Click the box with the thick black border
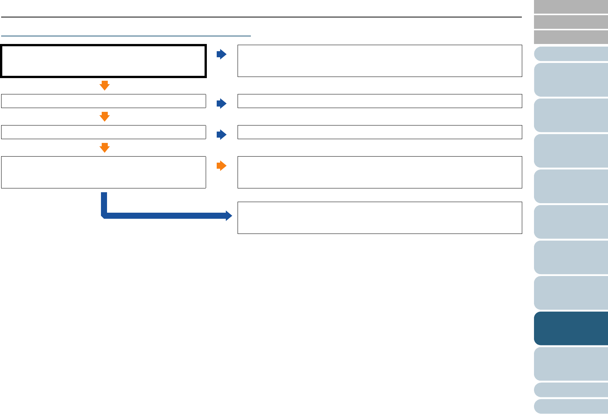[104, 61]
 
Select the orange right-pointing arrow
[221, 166]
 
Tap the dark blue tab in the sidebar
[571, 328]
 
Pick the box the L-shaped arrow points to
[380, 218]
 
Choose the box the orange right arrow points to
[380, 172]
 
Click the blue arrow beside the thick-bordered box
[221, 54]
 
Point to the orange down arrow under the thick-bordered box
[104, 85]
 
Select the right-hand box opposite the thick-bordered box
[380, 61]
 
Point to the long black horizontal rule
[261, 17]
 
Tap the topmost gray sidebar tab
[571, 6]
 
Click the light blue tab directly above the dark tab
[571, 293]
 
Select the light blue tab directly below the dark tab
[571, 364]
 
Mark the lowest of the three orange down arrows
[104, 147]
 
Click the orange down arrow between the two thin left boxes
[104, 116]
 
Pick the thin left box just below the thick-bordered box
[104, 101]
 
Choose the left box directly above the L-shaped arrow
[104, 172]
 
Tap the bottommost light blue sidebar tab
[571, 406]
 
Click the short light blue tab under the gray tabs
[571, 54]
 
